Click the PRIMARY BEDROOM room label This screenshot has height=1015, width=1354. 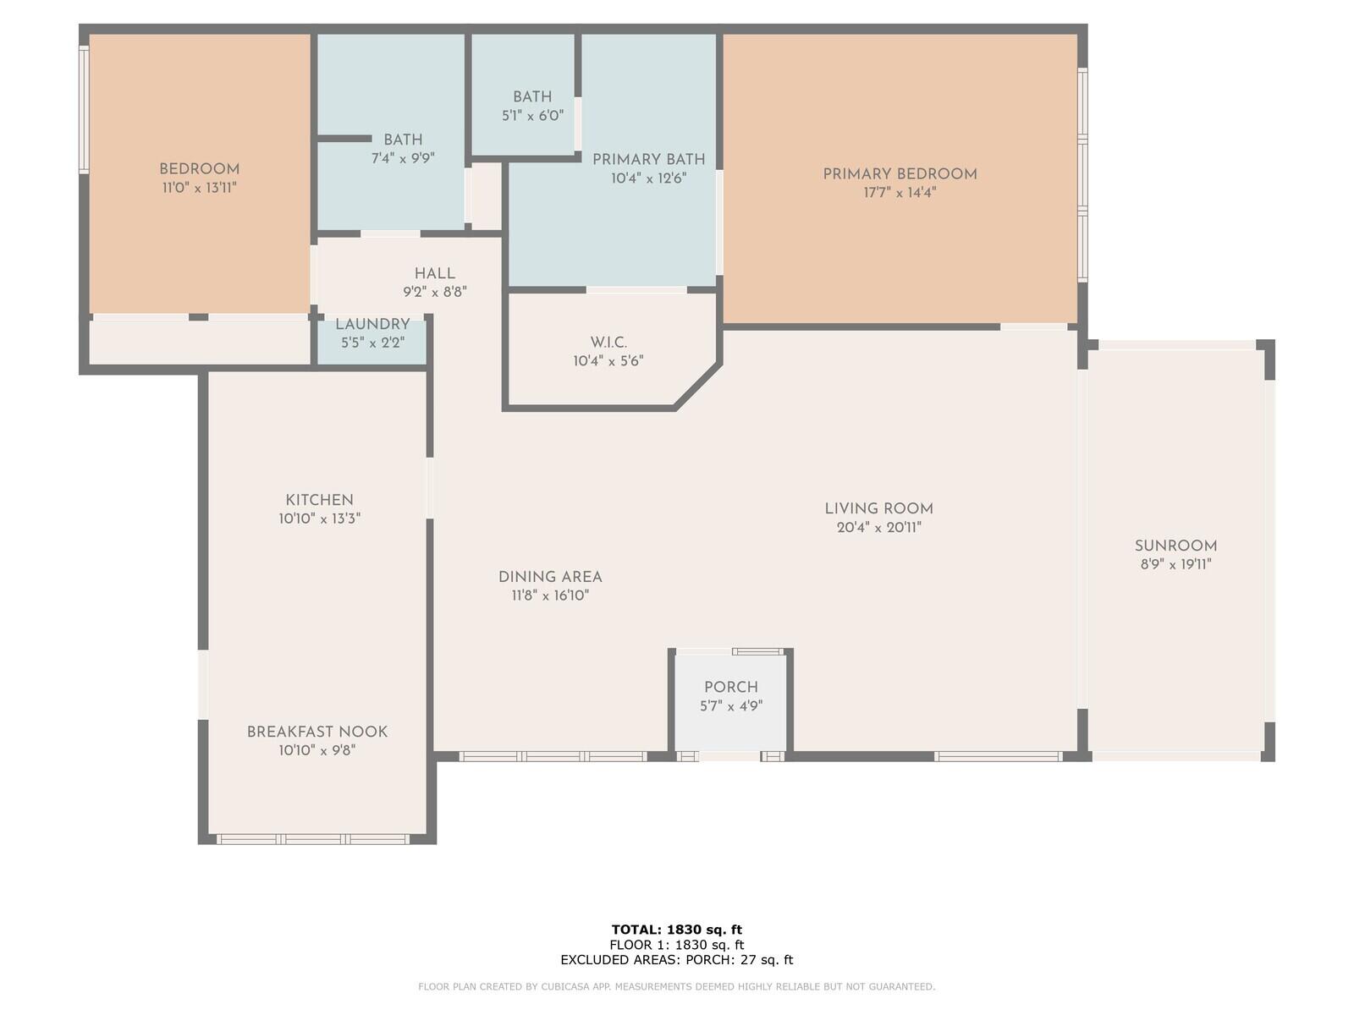click(900, 174)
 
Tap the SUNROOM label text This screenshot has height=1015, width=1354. click(1175, 546)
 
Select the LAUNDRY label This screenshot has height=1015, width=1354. click(372, 324)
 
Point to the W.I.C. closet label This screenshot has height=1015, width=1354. click(608, 343)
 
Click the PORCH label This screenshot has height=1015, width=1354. click(731, 687)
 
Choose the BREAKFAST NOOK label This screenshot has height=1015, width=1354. click(317, 732)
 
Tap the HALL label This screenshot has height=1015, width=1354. click(435, 273)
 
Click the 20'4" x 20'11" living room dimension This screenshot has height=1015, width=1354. click(878, 528)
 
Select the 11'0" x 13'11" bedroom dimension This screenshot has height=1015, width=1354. click(199, 188)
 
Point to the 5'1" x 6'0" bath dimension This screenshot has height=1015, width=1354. click(532, 116)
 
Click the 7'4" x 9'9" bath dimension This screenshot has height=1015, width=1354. click(403, 158)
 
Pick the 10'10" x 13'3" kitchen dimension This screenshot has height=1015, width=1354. click(320, 518)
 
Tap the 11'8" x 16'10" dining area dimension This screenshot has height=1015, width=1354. click(550, 596)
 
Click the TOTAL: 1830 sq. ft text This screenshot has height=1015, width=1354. click(677, 930)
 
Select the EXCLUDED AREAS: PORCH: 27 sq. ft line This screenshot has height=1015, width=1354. click(677, 959)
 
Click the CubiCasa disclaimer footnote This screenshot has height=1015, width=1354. click(677, 986)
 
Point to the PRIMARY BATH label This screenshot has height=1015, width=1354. click(648, 160)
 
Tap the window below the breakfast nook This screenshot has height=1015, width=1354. click(313, 839)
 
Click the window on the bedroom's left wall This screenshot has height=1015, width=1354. click(84, 110)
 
